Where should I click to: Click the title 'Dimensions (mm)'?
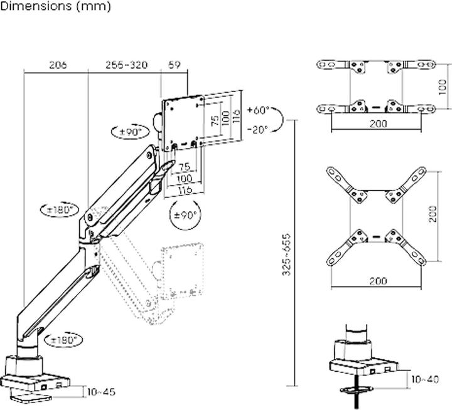56,7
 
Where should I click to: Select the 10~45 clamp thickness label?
101,392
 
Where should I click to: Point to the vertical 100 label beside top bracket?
443,87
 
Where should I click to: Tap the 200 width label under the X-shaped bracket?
377,281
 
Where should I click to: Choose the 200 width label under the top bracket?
377,124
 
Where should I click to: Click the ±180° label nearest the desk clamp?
65,339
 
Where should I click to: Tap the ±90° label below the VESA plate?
185,214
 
